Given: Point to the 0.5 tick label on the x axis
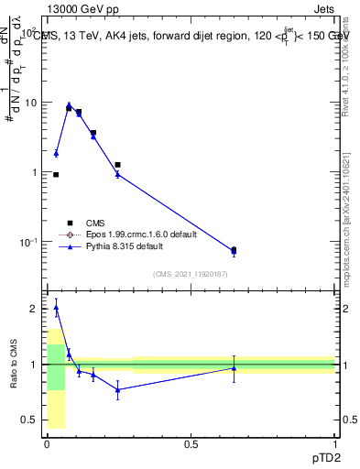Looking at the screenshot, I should (x=191, y=443).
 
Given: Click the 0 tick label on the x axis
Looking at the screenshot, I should (x=47, y=443).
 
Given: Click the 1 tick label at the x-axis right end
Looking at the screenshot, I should (x=335, y=443).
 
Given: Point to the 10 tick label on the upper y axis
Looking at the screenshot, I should (x=30, y=103).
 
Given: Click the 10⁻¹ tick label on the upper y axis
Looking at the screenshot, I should (x=28, y=243).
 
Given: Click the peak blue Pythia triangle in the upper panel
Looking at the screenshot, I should (x=69, y=105).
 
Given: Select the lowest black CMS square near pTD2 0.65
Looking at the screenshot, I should (x=234, y=249).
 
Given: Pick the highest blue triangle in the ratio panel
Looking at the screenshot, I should (x=56, y=309).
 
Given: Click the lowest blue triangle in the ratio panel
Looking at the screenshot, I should (x=117, y=389).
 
